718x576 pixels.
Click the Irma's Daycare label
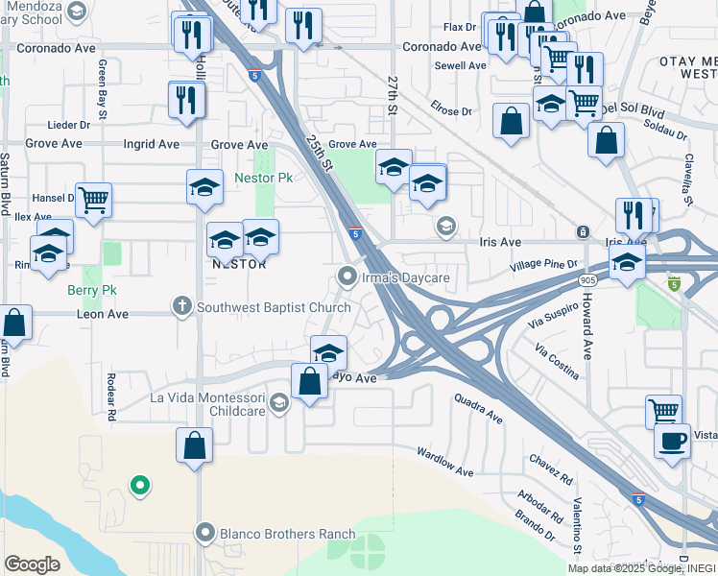click(405, 278)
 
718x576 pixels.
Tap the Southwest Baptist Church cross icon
click(180, 307)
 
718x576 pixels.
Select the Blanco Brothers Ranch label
click(276, 534)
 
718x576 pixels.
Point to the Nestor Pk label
click(264, 179)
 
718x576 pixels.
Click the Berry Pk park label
click(92, 289)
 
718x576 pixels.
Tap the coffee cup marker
click(672, 441)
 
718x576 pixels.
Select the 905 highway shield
click(586, 278)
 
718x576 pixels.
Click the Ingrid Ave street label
click(152, 145)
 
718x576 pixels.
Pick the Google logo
click(33, 564)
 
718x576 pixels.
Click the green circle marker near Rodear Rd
click(140, 486)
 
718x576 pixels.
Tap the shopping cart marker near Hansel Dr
click(94, 201)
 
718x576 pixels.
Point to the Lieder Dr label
click(69, 125)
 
